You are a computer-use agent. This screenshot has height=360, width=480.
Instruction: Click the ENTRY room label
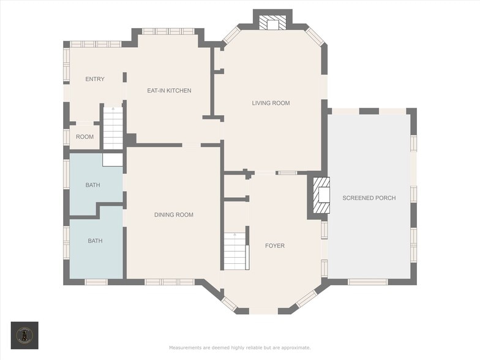pos(95,79)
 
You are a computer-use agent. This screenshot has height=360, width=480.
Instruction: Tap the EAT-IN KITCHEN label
pos(169,91)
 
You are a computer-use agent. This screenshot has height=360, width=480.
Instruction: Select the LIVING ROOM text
pos(271,103)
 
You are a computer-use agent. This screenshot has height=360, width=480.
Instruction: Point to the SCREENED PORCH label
pos(369,198)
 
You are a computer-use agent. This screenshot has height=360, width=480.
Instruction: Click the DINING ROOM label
pos(174,215)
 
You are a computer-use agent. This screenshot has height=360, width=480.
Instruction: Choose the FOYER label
pos(274,246)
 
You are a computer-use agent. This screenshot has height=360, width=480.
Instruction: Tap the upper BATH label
pos(92,185)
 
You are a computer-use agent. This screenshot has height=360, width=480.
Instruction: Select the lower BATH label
pos(95,241)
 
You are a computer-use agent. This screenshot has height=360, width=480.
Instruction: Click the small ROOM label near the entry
pos(84,137)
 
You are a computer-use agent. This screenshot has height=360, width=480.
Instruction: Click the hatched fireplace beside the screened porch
pos(321,197)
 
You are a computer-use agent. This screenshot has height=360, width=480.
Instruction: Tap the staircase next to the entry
pos(113,129)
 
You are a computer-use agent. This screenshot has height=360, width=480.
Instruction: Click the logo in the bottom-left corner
pos(24,335)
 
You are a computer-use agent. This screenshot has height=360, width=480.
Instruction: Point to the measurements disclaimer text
pos(239,348)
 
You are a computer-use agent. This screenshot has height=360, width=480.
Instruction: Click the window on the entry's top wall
pos(96,44)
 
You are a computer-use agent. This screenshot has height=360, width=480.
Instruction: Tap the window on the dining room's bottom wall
pos(162,282)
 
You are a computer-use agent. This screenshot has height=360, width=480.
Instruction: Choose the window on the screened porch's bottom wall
pos(367,282)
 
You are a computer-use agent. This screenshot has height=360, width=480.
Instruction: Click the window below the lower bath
pos(96,282)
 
